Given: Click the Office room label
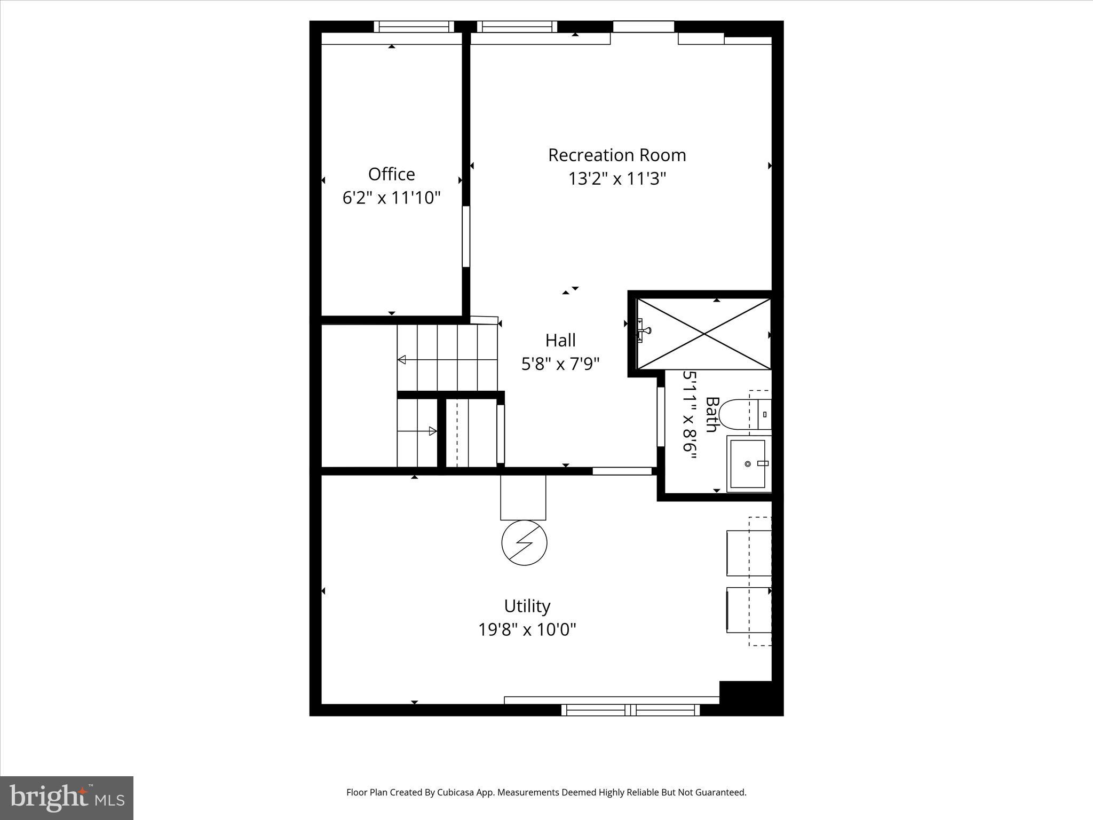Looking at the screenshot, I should point(391,175).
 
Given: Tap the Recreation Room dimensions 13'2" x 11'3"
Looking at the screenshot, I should point(617,178).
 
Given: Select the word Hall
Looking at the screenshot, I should point(560,340).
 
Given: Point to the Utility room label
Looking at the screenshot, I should point(527,606).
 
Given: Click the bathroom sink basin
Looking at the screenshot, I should point(748,463).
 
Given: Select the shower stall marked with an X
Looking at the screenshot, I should point(704,334).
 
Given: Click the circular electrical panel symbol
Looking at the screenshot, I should point(524,543).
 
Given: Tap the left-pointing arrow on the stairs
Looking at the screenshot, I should point(402,360).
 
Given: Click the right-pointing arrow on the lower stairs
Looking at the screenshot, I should point(432,431).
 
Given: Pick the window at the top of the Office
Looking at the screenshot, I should point(414,27).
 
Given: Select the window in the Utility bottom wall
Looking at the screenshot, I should point(630,709).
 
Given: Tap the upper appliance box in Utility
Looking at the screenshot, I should point(749,553).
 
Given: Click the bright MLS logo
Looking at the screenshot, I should point(67,798).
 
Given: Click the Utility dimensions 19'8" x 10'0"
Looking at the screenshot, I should point(527,630).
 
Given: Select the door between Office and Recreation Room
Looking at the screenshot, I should point(466,236).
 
